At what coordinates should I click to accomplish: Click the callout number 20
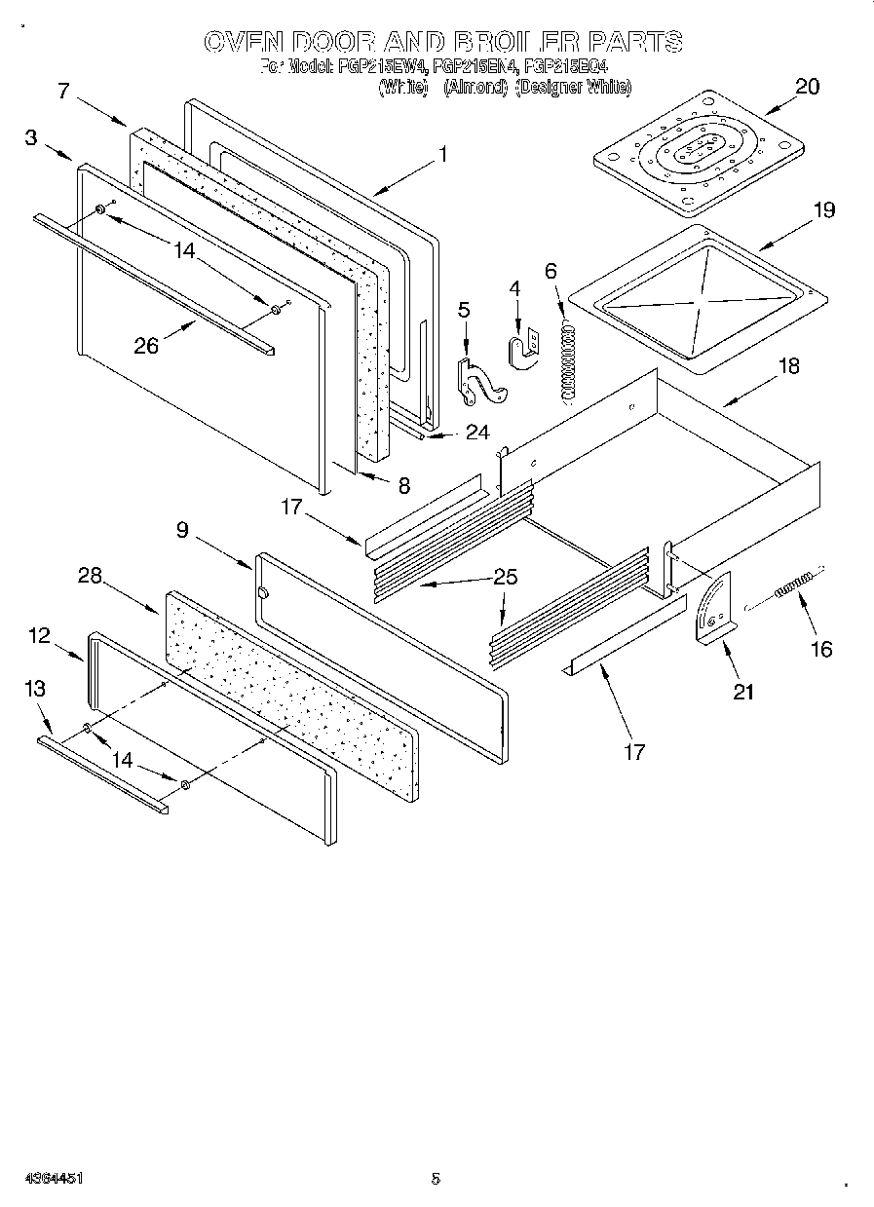pos(807,86)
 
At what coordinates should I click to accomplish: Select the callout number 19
pos(823,209)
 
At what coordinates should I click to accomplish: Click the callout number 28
pos(91,576)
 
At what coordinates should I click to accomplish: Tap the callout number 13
pos(35,689)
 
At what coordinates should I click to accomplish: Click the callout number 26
pos(145,345)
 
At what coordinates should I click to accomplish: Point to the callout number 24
pos(476,433)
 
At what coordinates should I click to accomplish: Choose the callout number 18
pos(788,366)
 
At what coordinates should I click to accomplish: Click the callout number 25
pos(505,577)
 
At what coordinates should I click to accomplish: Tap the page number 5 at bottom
pos(436,1178)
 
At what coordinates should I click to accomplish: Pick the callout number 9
pos(182,530)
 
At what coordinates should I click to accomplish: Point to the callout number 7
pos(63,91)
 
